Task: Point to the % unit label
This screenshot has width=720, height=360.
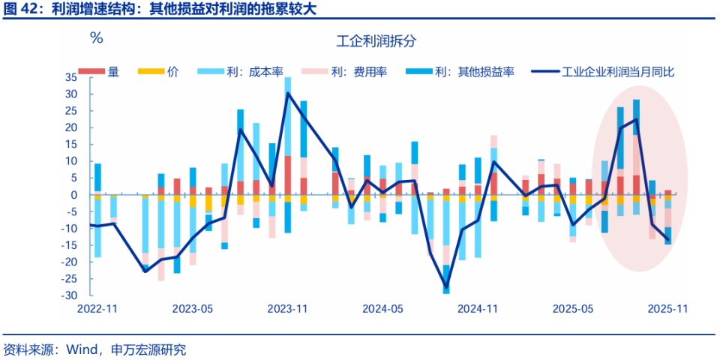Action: point(96,37)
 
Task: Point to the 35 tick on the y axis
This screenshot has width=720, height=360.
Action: point(71,77)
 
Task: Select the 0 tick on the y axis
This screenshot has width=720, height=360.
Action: point(74,195)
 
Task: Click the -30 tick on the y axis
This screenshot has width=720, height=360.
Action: point(70,295)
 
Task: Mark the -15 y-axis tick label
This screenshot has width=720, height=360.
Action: point(70,245)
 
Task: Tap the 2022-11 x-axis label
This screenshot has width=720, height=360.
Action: point(97,308)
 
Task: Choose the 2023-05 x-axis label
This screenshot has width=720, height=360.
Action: point(193,308)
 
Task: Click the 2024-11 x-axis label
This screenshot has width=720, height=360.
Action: point(478,308)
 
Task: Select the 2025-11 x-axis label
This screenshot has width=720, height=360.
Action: point(667,308)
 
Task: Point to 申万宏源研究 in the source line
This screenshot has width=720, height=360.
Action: point(148,349)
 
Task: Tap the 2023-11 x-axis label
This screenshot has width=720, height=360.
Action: point(288,308)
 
